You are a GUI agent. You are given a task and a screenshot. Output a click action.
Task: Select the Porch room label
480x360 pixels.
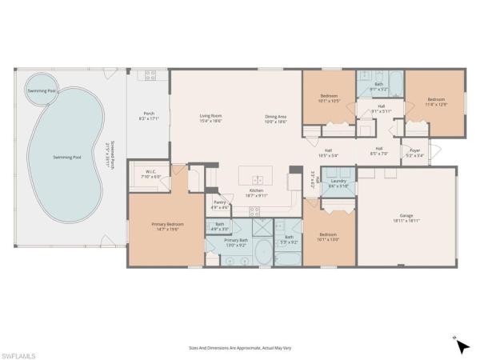point(148,115)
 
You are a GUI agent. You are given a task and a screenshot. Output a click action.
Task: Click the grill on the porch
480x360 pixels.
point(149,76)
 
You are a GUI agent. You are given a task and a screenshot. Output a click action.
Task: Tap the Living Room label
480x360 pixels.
point(210,119)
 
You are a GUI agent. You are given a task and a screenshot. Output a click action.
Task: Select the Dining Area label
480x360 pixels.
point(276,119)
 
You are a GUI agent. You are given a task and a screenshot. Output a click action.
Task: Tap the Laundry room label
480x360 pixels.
point(338,183)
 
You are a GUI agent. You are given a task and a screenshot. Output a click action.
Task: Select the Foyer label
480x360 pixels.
point(415,152)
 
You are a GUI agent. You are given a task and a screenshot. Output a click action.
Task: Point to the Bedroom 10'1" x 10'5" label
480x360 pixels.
point(325,99)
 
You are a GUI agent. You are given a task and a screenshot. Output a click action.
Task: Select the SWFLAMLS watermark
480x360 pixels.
point(18,353)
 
